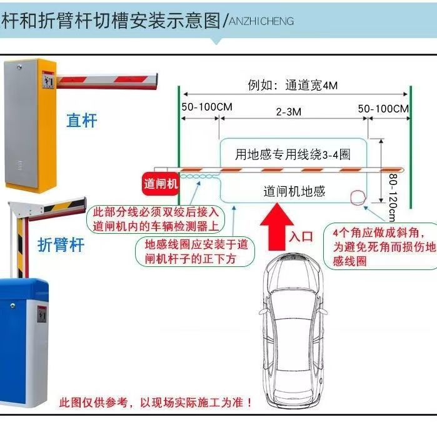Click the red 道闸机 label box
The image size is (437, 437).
(x=161, y=184)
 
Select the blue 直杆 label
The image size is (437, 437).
(x=82, y=120)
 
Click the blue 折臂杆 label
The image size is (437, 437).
(x=61, y=244)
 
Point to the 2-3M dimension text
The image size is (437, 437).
(x=289, y=112)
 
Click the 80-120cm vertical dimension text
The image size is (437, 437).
(x=392, y=197)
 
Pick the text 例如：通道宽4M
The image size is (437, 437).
(x=293, y=86)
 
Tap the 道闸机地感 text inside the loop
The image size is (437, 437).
(x=294, y=191)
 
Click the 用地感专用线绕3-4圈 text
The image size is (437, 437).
(x=293, y=154)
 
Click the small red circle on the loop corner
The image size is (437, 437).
(x=358, y=197)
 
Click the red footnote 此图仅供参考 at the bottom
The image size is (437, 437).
(x=156, y=402)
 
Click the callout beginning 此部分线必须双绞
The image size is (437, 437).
(x=156, y=219)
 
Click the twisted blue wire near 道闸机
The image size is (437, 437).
(x=199, y=178)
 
